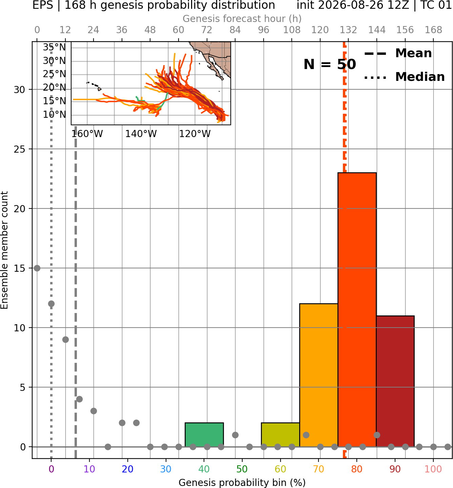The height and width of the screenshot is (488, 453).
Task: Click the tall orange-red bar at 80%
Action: tap(357, 310)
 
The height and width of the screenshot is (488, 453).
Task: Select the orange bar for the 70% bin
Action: tap(318, 375)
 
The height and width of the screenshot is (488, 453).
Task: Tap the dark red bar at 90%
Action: tap(395, 381)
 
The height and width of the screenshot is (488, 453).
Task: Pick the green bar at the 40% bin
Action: tap(204, 435)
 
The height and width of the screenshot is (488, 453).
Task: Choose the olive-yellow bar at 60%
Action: tap(280, 435)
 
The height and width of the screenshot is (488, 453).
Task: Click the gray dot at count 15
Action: tap(37, 268)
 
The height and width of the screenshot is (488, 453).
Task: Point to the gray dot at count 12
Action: tap(51, 304)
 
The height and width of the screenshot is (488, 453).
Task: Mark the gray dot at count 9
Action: tap(65, 339)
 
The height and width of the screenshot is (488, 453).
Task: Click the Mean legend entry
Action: tap(398, 53)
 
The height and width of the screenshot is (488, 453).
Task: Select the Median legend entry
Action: tap(404, 77)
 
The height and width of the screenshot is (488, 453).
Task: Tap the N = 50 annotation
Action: tap(330, 64)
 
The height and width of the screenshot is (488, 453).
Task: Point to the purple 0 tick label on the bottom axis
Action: tap(51, 469)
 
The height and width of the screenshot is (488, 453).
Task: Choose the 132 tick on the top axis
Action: tap(348, 30)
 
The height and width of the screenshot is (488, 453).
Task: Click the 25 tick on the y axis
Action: tap(19, 149)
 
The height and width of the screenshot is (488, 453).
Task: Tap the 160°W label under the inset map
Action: tap(87, 134)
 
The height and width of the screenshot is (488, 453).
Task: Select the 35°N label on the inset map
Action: tap(54, 47)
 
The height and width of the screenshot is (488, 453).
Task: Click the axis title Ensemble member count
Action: tap(4, 250)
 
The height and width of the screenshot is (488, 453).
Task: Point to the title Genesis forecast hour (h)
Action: tap(242, 19)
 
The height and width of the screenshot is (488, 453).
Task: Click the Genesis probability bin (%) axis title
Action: tap(242, 483)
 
